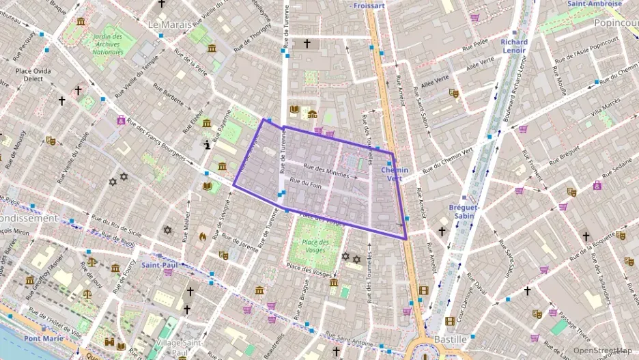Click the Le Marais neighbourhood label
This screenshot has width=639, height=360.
tap(171, 25)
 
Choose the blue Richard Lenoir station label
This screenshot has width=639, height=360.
tap(514, 46)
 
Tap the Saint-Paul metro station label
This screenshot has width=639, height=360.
tap(160, 264)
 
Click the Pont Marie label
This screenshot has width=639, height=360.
tap(44, 338)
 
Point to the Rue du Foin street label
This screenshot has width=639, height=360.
tap(305, 183)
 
